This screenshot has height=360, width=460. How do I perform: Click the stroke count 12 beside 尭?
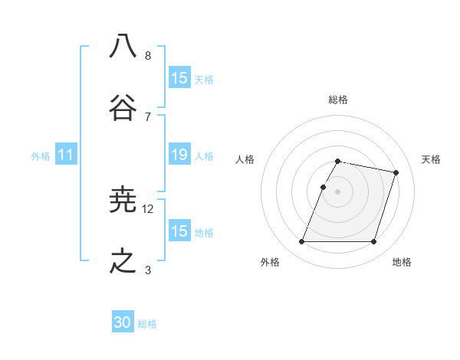[148, 208]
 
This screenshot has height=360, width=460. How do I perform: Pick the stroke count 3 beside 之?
[148, 269]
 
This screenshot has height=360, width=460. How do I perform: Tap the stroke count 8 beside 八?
[148, 55]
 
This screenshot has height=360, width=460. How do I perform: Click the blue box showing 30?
[123, 322]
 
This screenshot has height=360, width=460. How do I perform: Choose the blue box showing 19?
[179, 155]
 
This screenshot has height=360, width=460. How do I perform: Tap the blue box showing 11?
[66, 155]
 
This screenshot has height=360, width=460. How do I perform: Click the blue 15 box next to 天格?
[179, 78]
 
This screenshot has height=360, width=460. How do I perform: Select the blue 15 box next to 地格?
[179, 231]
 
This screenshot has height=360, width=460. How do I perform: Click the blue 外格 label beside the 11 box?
[41, 155]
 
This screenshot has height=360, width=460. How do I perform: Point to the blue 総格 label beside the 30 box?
[147, 323]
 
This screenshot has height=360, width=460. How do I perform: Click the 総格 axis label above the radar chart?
[338, 100]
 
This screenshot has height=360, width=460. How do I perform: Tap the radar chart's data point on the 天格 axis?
[396, 173]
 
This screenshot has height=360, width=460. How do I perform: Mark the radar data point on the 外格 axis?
[302, 242]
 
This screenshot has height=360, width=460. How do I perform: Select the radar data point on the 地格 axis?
[373, 242]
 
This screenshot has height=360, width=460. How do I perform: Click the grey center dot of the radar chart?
[338, 191]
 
